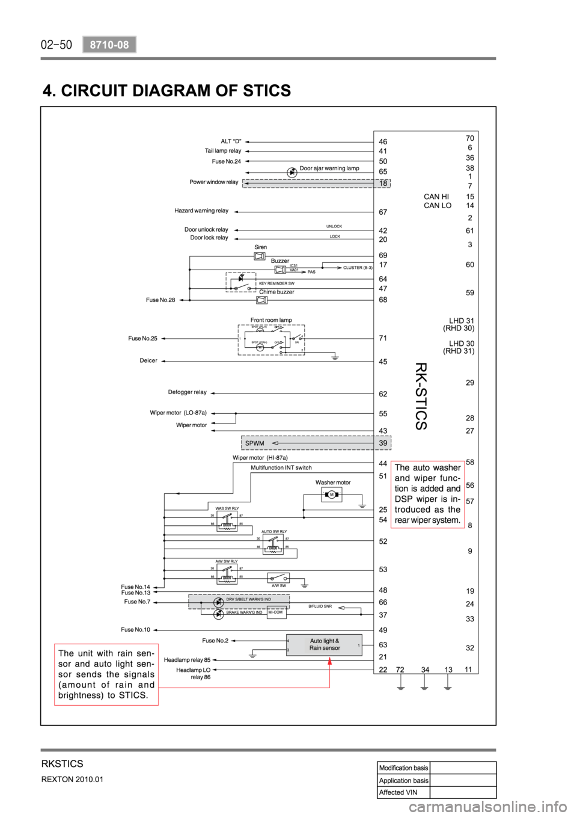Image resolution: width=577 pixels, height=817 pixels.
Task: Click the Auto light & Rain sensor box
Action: coord(325,644)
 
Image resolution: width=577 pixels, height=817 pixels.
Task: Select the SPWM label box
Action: coord(255,443)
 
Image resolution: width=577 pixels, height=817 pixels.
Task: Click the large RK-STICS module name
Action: coord(421,396)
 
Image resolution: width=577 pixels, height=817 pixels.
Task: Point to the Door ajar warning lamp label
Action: coord(329,168)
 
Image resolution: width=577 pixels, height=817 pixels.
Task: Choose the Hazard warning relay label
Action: coord(201,211)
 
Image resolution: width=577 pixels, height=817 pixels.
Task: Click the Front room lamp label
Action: coord(270,320)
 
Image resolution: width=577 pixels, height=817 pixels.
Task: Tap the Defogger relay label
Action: coord(188,392)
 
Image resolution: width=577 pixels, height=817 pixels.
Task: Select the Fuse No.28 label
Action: coord(160,300)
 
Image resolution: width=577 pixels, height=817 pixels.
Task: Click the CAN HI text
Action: coord(436,197)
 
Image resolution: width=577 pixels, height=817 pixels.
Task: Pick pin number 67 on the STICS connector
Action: coord(383,212)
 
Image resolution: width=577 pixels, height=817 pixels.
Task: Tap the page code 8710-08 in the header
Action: coord(109,44)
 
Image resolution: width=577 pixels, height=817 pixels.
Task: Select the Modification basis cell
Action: coord(403,768)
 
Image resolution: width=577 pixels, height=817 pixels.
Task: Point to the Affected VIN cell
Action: coord(400,792)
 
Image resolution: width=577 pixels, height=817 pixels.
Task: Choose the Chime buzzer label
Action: coord(277,292)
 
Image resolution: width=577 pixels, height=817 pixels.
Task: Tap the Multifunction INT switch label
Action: coord(281,467)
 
